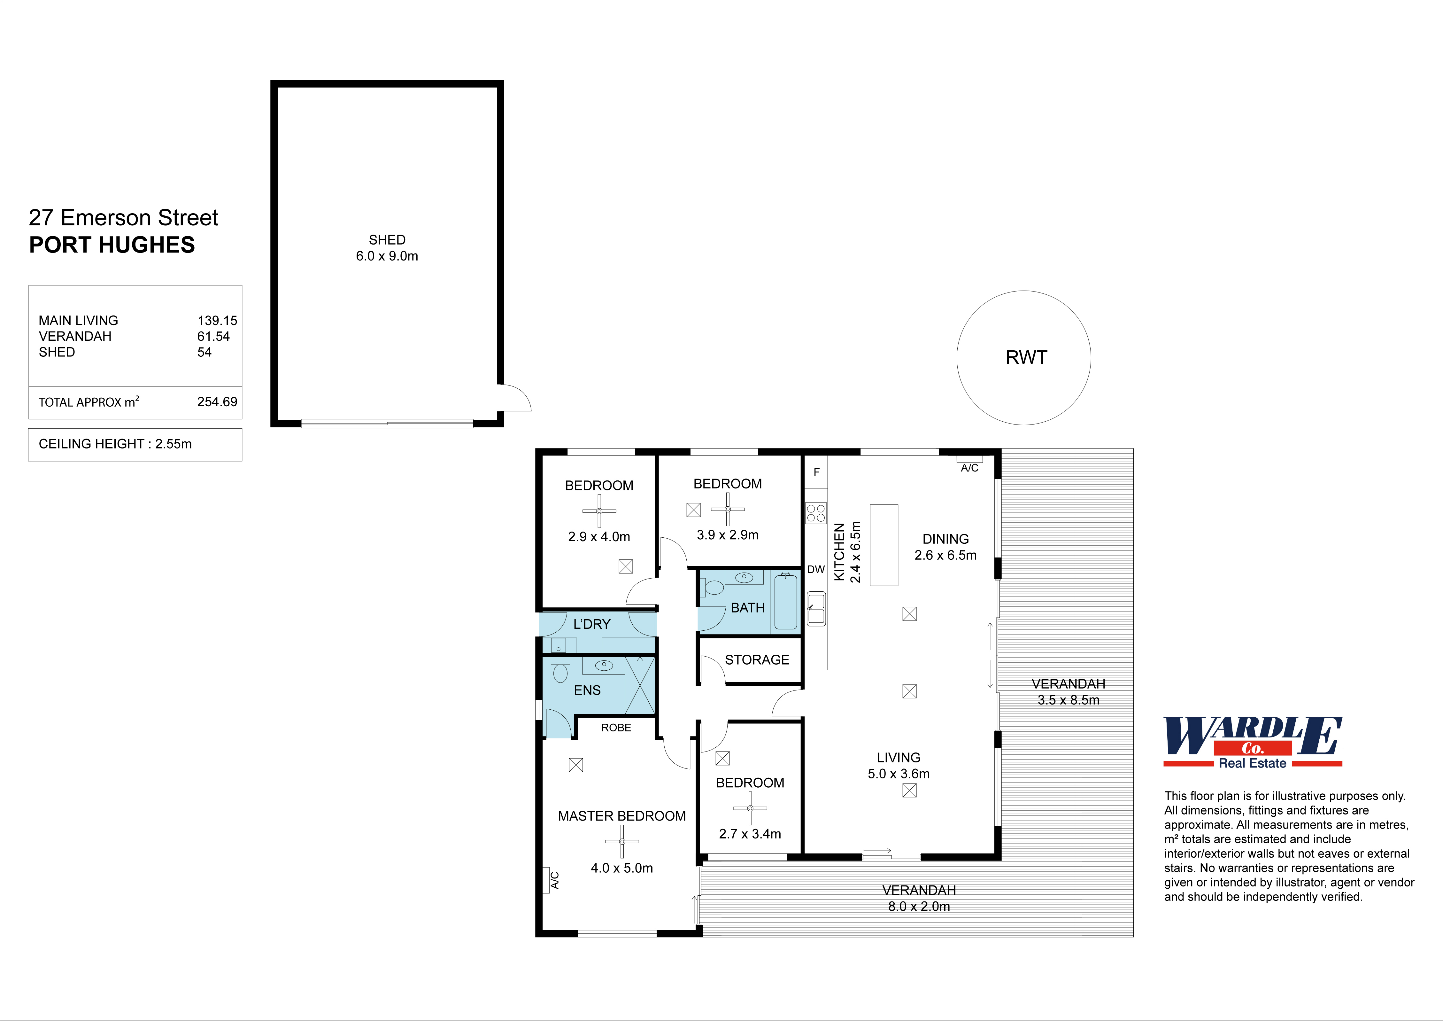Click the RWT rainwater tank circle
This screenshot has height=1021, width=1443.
1023,358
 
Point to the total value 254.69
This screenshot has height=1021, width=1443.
217,402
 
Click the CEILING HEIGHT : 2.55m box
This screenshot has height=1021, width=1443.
135,444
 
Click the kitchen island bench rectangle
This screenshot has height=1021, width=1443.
884,545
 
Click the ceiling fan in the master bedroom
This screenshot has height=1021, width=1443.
621,841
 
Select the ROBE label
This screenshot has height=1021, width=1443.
616,728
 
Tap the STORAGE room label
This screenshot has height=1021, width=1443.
757,659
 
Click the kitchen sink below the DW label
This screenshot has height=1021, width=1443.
816,609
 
